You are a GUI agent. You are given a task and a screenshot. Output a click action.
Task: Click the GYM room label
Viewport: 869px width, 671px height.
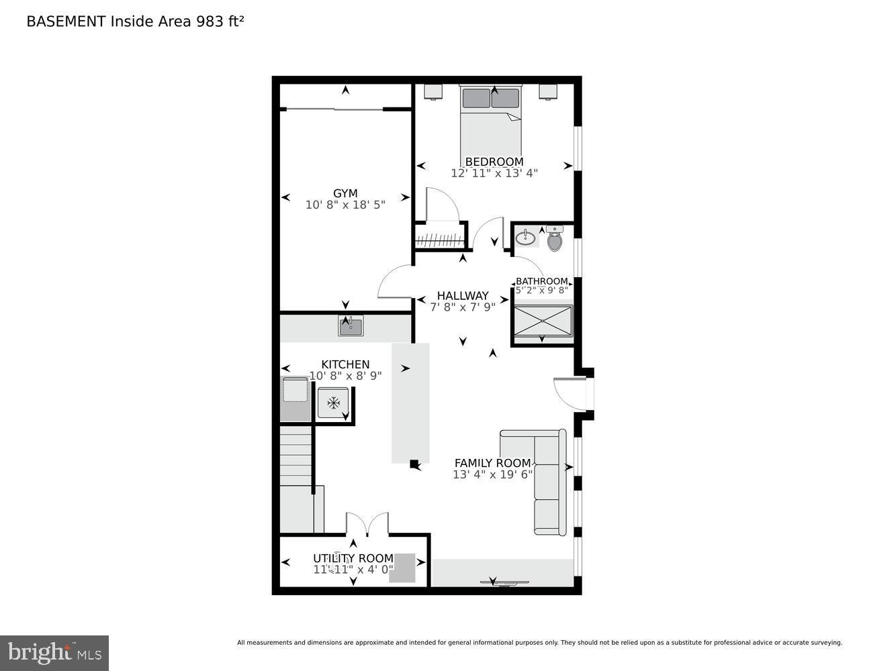coord(345,193)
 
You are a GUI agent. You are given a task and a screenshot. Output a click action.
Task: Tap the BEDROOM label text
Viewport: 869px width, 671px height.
coord(494,162)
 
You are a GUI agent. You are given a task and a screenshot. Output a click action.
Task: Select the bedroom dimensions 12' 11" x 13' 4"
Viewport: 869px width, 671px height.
coord(494,173)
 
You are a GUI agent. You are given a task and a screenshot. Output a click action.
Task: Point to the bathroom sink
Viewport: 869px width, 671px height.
coord(525,238)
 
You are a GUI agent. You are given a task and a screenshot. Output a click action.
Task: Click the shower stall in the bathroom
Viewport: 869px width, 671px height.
coord(543,321)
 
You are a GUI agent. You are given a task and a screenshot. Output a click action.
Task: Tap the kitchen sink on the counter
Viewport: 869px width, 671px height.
coord(351,327)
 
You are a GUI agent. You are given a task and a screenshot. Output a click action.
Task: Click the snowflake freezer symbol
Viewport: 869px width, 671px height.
coord(333,403)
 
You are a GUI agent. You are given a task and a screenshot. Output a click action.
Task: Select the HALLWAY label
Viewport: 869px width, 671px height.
coord(462,296)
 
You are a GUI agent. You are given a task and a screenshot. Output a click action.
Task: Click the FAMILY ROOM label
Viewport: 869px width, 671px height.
coord(492,463)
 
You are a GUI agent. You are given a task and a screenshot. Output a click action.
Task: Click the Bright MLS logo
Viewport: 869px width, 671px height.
coord(54,652)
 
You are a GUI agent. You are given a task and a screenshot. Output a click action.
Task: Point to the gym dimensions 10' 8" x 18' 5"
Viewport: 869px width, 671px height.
coord(345,205)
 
